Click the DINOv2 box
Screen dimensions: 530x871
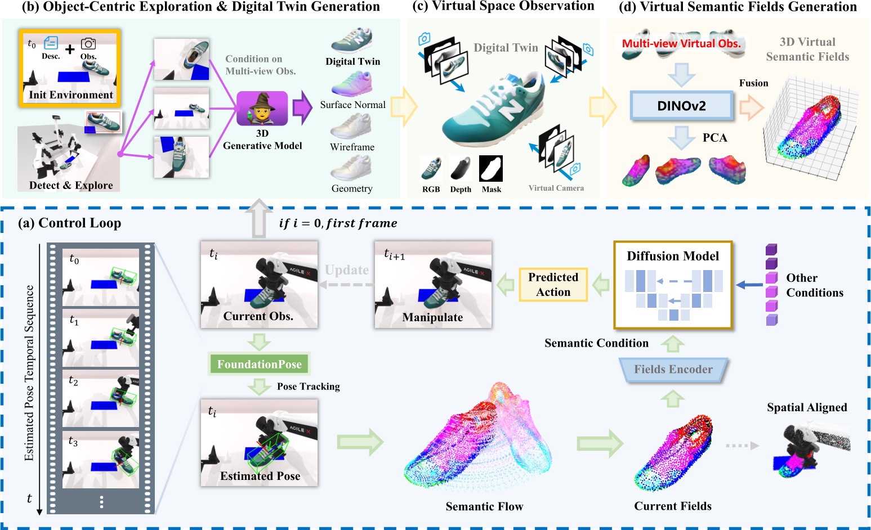[x=681, y=106]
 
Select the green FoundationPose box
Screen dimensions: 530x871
[x=260, y=365]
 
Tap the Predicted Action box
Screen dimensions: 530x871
[x=553, y=285]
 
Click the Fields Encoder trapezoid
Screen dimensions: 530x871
[x=673, y=370]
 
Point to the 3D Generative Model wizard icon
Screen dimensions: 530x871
[x=262, y=109]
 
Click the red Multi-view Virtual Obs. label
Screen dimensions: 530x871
[x=681, y=43]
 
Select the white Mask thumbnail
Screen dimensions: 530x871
[x=491, y=169]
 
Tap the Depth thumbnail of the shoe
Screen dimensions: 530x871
[x=461, y=169]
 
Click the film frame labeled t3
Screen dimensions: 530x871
[x=101, y=459]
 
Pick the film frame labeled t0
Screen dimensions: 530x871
[x=101, y=277]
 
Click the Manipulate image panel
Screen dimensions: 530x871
[x=433, y=285]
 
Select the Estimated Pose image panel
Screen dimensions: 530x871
[x=260, y=442]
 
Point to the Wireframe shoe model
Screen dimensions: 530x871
[x=352, y=127]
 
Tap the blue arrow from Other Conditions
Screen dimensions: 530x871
[x=749, y=285]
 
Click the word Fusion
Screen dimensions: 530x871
[x=753, y=83]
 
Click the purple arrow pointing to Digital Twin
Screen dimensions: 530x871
[x=302, y=107]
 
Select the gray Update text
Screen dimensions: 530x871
[x=346, y=270]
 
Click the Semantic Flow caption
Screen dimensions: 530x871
[x=484, y=506]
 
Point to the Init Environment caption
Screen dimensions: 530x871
[x=71, y=95]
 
